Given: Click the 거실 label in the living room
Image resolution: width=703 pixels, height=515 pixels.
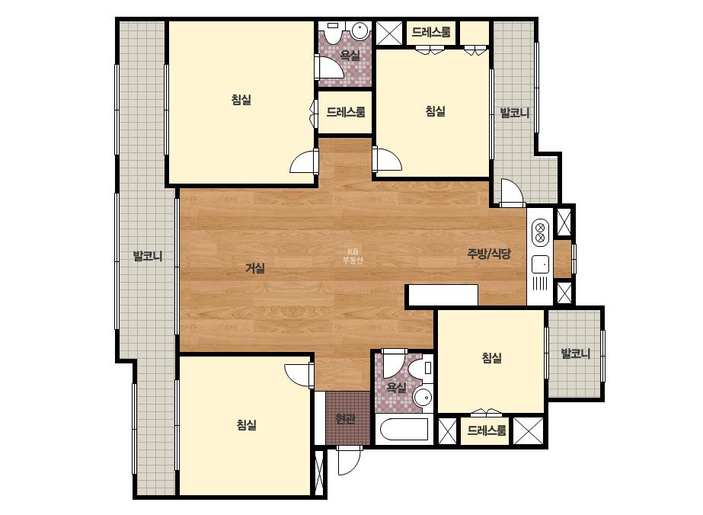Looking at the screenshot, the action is (256, 268).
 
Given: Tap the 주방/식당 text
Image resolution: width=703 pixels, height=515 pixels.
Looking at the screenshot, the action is (489, 254).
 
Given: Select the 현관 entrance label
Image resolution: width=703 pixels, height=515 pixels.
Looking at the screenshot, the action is (346, 419).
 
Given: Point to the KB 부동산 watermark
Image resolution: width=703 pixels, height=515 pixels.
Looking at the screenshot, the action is (353, 256).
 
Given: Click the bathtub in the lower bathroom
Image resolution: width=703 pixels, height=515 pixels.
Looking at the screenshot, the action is (403, 430).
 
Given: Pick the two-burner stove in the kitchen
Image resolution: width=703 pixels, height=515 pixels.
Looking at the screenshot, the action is (540, 232).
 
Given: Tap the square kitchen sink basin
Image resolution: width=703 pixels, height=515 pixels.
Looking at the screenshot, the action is (540, 264).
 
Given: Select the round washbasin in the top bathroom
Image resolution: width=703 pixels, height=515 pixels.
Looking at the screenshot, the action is (360, 31).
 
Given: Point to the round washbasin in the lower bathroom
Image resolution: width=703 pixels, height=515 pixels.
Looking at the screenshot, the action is (422, 397).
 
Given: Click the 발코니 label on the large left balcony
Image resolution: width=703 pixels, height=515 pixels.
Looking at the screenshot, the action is (148, 257).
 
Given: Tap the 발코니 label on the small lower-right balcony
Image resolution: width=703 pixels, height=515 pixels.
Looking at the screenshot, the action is (576, 353).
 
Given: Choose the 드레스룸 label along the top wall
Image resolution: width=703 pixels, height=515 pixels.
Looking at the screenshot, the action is (431, 32).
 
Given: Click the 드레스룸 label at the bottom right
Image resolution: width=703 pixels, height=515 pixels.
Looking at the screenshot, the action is (487, 430).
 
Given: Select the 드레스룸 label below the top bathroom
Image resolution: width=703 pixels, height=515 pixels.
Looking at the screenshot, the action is (345, 112).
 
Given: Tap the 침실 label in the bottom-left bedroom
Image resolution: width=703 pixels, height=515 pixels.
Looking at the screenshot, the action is (247, 424).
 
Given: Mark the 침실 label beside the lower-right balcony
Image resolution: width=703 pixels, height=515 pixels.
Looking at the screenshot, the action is (491, 357).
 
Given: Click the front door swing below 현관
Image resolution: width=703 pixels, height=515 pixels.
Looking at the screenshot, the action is (349, 460).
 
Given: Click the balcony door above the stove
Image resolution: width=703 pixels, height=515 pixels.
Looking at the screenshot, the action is (511, 192).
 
